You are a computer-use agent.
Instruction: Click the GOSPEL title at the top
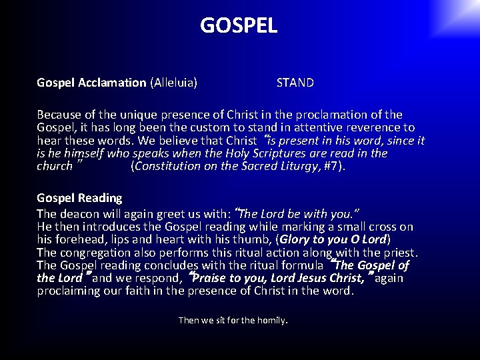[239, 25]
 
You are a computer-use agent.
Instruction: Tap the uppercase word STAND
[295, 83]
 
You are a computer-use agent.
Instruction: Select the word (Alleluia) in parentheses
[173, 83]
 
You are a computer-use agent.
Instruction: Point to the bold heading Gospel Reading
[79, 198]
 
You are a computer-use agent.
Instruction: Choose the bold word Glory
[297, 239]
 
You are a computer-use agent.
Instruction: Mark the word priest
[398, 253]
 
